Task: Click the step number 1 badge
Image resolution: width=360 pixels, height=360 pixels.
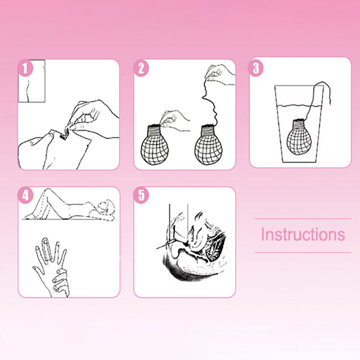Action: click(x=25, y=68)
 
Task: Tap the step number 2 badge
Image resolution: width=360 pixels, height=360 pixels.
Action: click(x=141, y=68)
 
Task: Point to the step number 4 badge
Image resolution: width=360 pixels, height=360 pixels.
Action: click(x=25, y=196)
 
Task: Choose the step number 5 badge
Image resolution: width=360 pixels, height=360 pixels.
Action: click(x=141, y=196)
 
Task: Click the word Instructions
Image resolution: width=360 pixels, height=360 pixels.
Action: click(x=303, y=234)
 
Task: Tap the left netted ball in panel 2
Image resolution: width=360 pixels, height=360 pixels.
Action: click(x=155, y=144)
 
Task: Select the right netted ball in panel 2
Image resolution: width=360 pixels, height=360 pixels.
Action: click(x=208, y=144)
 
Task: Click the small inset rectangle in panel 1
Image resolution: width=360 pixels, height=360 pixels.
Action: click(x=31, y=81)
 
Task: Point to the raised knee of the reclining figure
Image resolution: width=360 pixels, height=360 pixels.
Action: click(x=47, y=190)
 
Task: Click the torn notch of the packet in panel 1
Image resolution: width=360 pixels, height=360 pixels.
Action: click(x=63, y=135)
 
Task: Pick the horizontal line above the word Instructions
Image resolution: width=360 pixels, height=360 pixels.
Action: click(x=303, y=219)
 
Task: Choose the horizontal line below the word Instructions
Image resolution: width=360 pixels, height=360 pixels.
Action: click(x=303, y=252)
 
